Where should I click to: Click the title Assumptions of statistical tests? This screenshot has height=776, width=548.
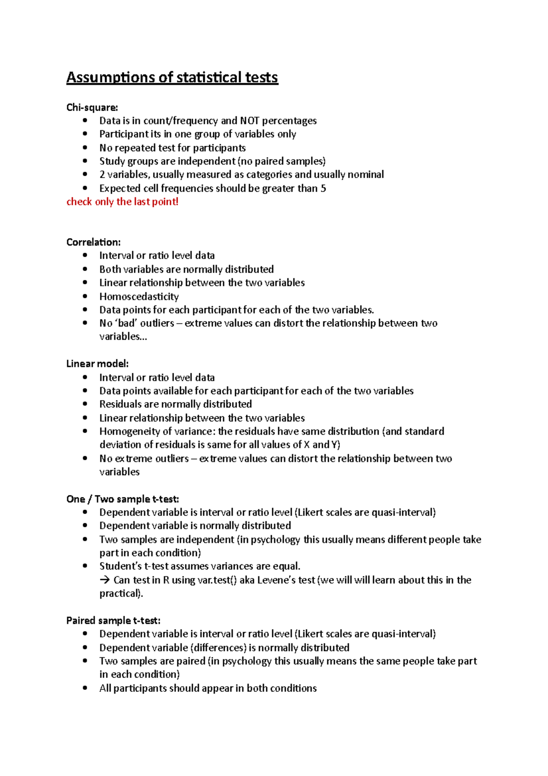[172, 77]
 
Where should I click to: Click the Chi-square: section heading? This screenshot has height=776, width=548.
[92, 107]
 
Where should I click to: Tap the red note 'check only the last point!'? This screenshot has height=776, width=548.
[122, 202]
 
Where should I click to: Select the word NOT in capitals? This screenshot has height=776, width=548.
[249, 121]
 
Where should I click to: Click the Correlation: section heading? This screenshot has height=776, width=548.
[93, 242]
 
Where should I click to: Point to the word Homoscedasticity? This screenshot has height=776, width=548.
[139, 296]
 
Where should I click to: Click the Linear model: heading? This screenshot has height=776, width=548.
[97, 364]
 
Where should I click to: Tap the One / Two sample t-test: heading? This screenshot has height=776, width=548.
[122, 499]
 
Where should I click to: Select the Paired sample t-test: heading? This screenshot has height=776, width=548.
[113, 621]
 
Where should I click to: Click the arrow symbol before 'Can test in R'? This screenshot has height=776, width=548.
[105, 580]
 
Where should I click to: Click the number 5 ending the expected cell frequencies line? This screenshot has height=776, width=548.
[323, 188]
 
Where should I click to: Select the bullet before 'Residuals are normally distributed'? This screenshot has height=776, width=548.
[85, 404]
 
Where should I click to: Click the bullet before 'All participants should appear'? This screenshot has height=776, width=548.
[85, 688]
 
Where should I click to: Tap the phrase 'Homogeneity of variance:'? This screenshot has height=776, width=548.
[157, 431]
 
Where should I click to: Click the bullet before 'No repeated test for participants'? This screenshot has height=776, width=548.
[85, 148]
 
